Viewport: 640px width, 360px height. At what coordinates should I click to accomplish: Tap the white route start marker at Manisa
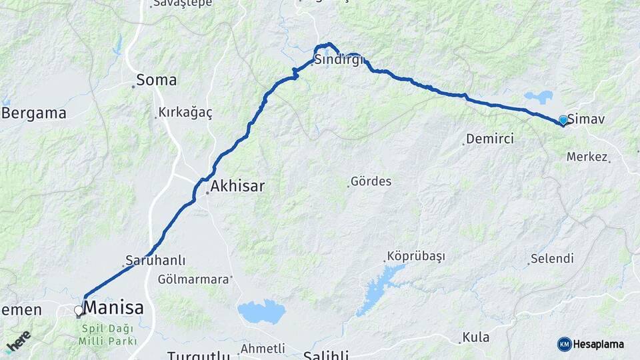click(x=79, y=311)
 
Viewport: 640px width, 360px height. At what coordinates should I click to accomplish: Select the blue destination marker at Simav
click(x=563, y=120)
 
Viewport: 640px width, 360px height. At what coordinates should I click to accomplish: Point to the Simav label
click(x=586, y=119)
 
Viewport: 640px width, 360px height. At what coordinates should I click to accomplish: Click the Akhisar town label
click(x=237, y=186)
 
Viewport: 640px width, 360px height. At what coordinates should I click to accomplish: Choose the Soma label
click(x=156, y=81)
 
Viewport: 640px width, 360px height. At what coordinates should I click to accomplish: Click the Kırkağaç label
click(x=185, y=113)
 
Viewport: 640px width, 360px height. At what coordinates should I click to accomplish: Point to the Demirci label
click(x=490, y=139)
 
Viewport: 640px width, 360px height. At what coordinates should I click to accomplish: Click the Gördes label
click(x=371, y=181)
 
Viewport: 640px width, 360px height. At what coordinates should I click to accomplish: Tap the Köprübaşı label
click(x=416, y=257)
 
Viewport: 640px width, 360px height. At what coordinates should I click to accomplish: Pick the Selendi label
click(x=552, y=259)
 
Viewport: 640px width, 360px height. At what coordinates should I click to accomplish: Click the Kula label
click(x=476, y=337)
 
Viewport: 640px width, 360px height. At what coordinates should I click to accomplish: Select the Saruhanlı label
click(x=155, y=260)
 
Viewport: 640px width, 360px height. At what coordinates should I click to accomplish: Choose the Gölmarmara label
click(x=193, y=279)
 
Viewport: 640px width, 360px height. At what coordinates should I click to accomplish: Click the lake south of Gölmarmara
click(x=261, y=311)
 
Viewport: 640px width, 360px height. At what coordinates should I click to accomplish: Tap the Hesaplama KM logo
click(x=591, y=344)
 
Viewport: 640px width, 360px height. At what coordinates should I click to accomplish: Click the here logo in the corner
click(x=18, y=341)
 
